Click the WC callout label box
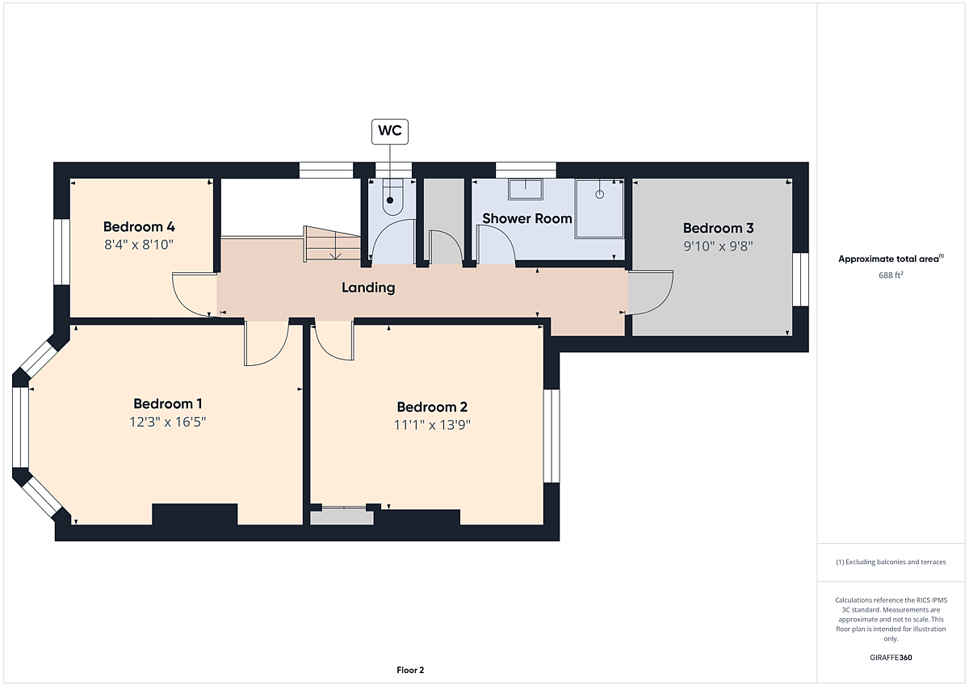click(390, 132)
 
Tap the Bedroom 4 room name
click(139, 227)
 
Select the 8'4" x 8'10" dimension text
click(139, 245)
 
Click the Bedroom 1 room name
click(168, 404)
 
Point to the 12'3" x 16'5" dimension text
click(168, 422)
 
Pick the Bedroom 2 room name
click(432, 407)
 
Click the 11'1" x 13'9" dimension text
click(432, 425)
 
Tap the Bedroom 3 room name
click(718, 228)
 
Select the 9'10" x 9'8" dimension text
click(718, 246)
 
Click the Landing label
click(368, 288)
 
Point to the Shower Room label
click(526, 219)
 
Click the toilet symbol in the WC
click(392, 198)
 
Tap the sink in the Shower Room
click(526, 190)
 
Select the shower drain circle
click(599, 195)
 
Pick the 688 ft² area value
click(891, 276)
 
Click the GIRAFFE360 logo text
click(891, 658)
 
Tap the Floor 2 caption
click(410, 670)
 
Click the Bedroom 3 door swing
click(651, 292)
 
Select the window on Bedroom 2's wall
click(552, 436)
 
